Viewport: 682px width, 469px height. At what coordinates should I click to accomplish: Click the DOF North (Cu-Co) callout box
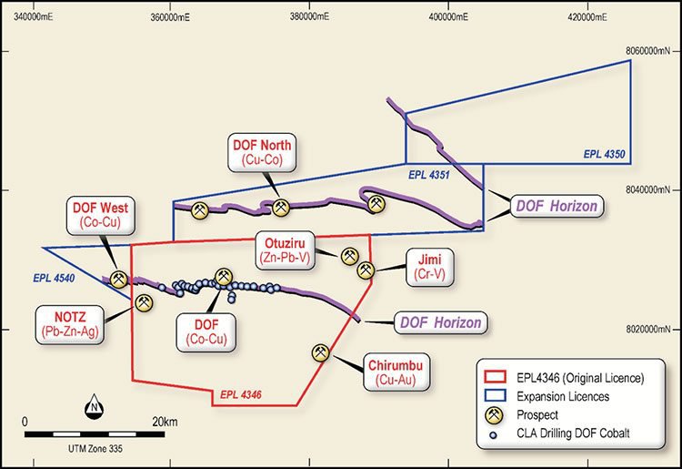(x=262, y=152)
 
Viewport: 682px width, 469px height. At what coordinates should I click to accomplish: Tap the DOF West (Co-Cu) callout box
(x=100, y=216)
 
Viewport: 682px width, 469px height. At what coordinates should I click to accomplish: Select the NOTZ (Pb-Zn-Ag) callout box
(x=70, y=325)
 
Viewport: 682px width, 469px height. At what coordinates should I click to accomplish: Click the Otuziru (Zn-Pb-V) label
(x=285, y=250)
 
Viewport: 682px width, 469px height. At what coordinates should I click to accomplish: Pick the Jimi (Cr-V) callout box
(x=430, y=267)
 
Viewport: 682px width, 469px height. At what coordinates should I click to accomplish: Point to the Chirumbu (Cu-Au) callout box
(x=396, y=372)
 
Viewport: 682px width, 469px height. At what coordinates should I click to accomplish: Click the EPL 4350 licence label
(x=604, y=154)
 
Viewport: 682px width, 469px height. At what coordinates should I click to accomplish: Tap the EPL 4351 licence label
(x=429, y=175)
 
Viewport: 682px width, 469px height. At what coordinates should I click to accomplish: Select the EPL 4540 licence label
(x=54, y=278)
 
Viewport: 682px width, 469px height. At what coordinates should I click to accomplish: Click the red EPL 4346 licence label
(x=241, y=395)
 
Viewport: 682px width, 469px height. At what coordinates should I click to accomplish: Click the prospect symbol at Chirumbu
(x=321, y=352)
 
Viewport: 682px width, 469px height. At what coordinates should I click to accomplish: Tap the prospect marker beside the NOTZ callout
(x=144, y=302)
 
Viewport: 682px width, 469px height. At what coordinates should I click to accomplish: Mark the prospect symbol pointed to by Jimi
(x=366, y=270)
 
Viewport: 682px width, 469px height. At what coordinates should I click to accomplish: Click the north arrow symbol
(x=94, y=406)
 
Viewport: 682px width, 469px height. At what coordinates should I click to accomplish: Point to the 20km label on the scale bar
(x=165, y=422)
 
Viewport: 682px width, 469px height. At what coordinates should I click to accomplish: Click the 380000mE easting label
(x=309, y=16)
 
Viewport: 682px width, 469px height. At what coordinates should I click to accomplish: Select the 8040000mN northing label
(x=648, y=189)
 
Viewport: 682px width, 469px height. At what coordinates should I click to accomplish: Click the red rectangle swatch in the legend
(x=495, y=377)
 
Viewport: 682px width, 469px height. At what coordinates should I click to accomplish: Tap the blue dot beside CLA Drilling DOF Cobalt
(x=493, y=434)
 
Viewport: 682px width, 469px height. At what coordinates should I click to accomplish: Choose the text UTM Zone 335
(x=95, y=448)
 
